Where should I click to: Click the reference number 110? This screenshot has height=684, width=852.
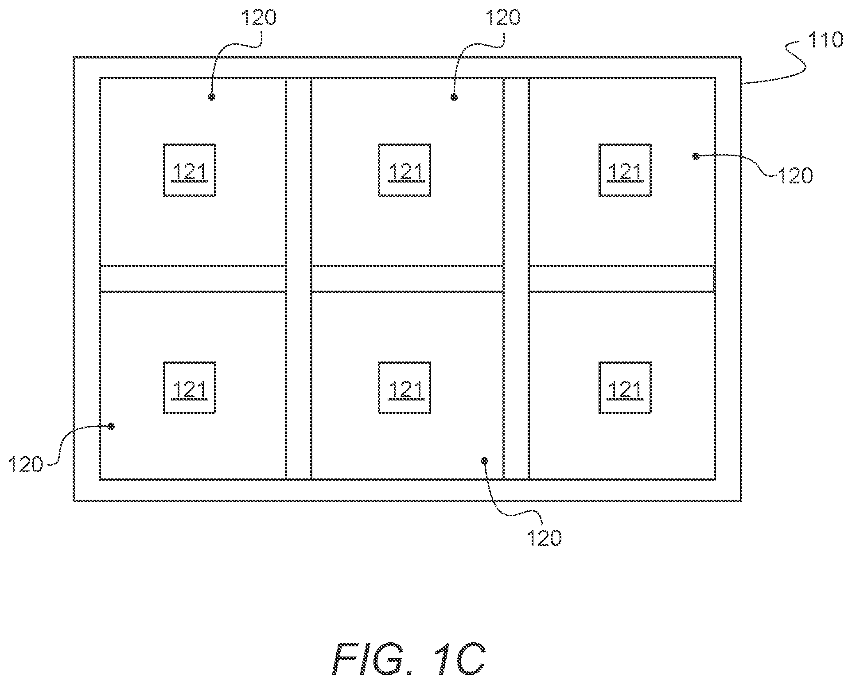(x=825, y=40)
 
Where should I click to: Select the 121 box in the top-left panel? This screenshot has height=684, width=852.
(x=190, y=170)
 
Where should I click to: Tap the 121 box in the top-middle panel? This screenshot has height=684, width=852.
(x=405, y=170)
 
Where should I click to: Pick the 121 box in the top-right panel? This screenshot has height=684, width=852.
(x=625, y=170)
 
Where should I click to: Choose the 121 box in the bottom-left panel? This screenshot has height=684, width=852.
(x=190, y=388)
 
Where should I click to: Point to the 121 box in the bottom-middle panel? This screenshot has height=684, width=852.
(x=405, y=388)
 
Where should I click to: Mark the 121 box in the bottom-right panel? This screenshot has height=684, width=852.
(x=625, y=388)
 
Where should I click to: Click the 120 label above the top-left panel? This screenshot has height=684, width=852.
(x=258, y=17)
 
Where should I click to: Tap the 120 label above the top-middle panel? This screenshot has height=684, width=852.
(x=503, y=17)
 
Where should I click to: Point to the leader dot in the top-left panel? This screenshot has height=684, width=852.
(x=212, y=97)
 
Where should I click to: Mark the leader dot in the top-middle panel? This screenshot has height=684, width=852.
(x=454, y=97)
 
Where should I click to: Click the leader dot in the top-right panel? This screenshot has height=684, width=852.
(x=696, y=155)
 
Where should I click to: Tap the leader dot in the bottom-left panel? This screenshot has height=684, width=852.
(x=111, y=426)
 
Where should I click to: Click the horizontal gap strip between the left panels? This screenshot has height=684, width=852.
(x=192, y=279)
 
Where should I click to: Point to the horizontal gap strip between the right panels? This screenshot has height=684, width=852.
(x=622, y=279)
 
